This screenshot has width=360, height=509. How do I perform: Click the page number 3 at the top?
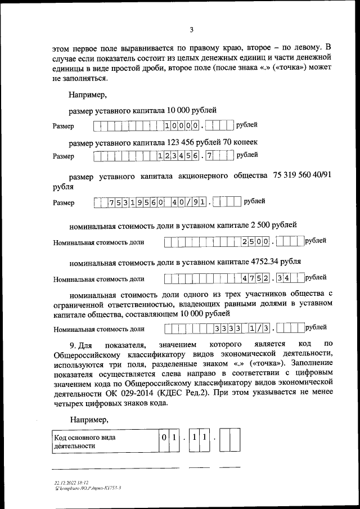(x=191, y=30)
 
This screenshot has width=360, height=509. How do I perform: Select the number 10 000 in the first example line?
(x=184, y=110)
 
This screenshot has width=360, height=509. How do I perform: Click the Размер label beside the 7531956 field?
(x=63, y=203)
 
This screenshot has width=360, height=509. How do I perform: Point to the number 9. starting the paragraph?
(x=73, y=343)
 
